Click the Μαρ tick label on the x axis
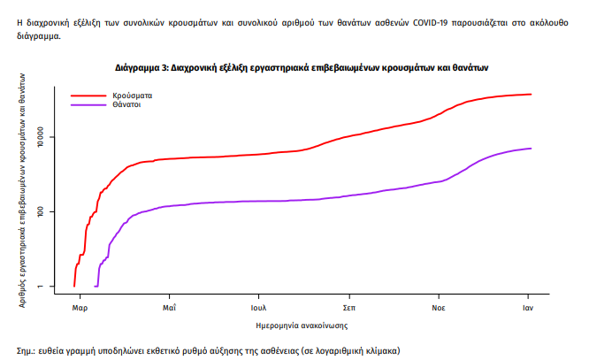tap(79, 308)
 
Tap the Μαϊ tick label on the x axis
tap(169, 308)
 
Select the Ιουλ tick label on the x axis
tap(259, 308)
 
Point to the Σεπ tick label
tap(349, 308)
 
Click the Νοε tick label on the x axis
tap(439, 308)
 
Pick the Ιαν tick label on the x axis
tap(528, 308)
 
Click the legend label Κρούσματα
tap(131, 94)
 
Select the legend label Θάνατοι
tap(127, 104)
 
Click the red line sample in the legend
tap(88, 94)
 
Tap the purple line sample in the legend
tap(88, 104)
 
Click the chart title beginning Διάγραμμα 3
tap(302, 67)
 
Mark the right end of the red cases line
tap(531, 94)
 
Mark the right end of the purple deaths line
tap(531, 148)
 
